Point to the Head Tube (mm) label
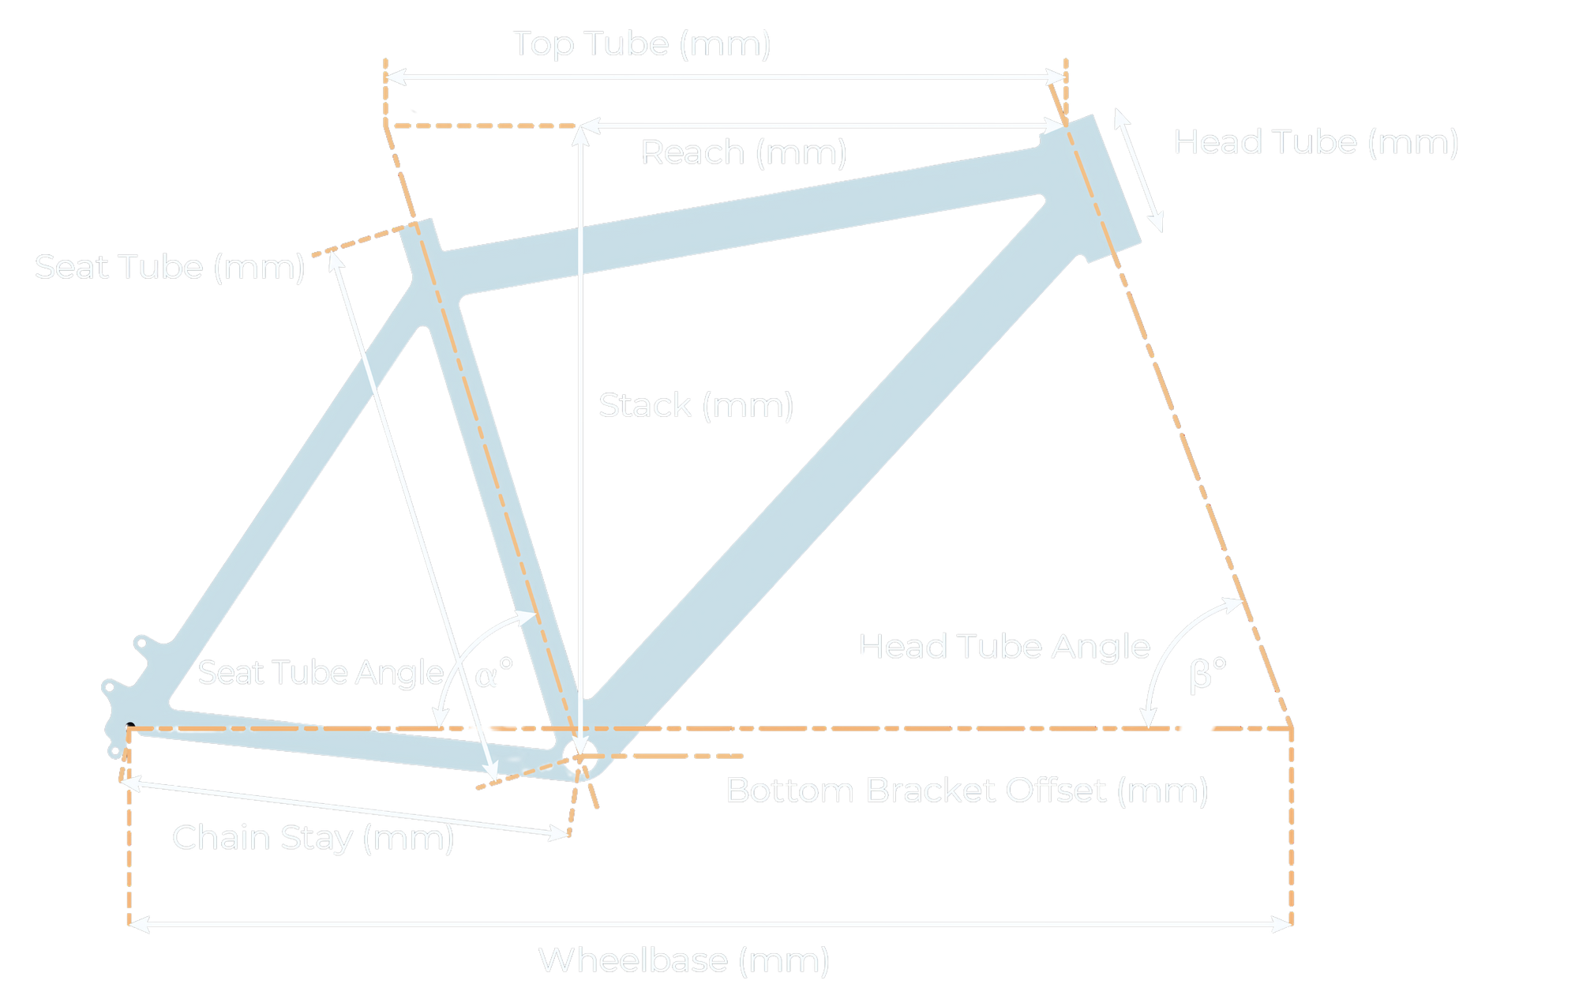coord(1315,143)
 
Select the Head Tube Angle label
coord(1003,647)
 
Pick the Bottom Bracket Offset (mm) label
coord(966,791)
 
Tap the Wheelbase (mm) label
coord(683,961)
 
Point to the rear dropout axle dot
coord(130,727)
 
